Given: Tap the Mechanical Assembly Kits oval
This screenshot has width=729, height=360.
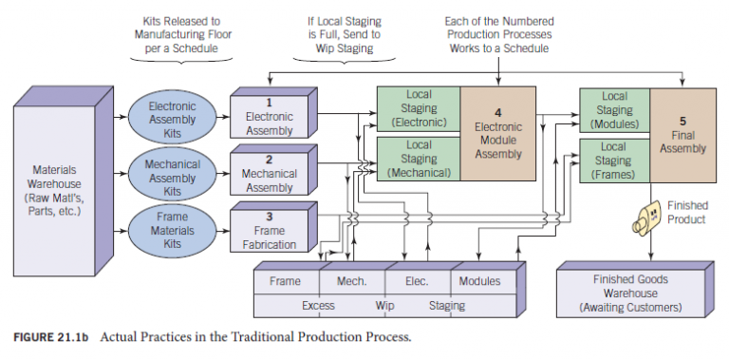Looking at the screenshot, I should coord(172,177).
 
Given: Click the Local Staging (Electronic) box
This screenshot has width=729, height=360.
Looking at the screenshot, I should coord(419,109).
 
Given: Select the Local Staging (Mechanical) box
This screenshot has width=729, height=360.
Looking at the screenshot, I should coord(419,159).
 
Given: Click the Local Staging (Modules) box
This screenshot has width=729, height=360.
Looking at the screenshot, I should coord(614,110).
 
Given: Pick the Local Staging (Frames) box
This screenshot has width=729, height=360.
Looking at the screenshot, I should coord(614,160).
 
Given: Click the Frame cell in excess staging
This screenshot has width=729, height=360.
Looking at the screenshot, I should coord(285,282).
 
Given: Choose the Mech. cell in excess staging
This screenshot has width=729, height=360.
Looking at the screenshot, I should coord(350,282).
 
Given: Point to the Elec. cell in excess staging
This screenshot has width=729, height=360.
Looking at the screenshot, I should coord(416,282).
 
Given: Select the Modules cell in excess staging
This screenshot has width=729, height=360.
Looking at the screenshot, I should coord(479,282).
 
